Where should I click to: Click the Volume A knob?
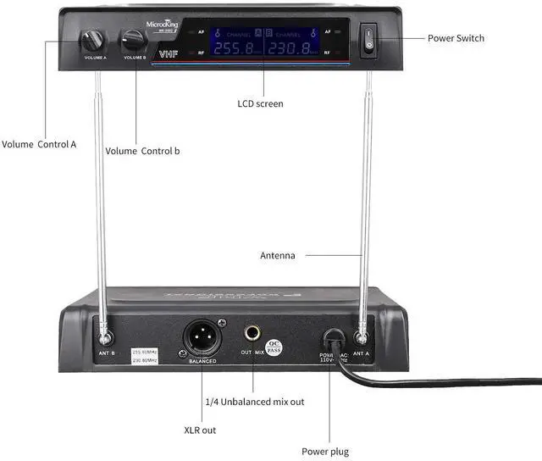[x=91, y=40]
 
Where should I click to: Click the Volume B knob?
[x=133, y=40]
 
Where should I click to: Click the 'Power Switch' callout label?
[x=456, y=38]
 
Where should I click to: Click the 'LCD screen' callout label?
[x=260, y=103]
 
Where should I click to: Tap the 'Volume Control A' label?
[x=39, y=144]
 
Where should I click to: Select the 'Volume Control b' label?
[x=142, y=151]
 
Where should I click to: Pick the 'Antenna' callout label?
[x=278, y=255]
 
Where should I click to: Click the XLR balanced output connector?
[x=202, y=336]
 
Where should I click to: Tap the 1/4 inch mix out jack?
[x=253, y=335]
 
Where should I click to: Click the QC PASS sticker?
[x=274, y=348]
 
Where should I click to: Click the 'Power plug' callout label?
[x=325, y=452]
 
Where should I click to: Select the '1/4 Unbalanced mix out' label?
[x=255, y=401]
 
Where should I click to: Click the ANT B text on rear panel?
[x=107, y=353]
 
